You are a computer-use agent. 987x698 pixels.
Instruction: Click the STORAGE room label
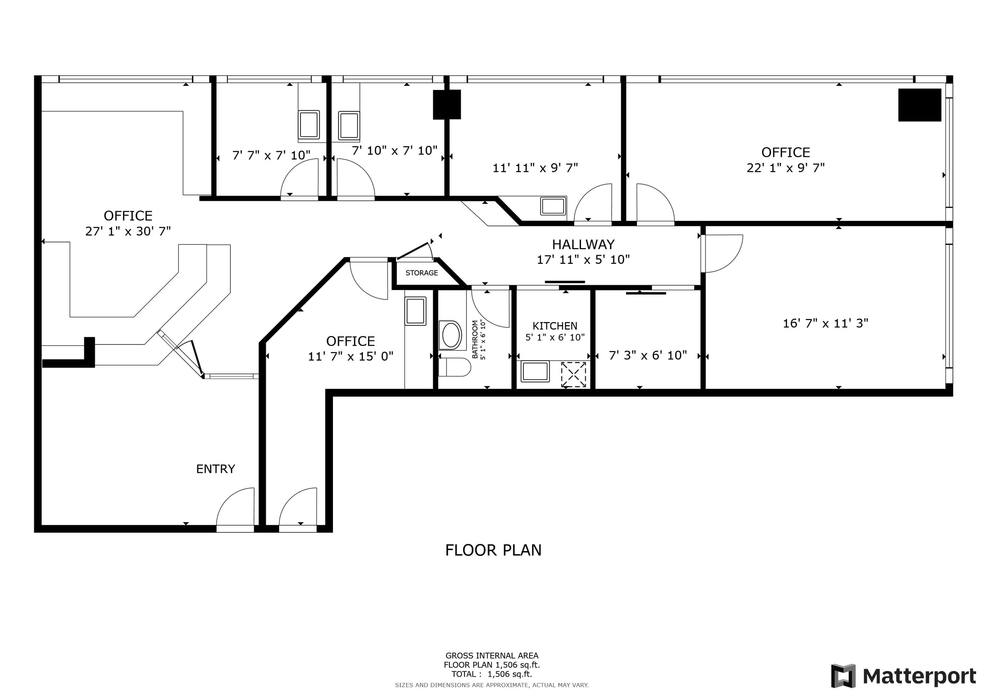coord(421,273)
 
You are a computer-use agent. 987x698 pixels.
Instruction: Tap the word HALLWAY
coord(583,245)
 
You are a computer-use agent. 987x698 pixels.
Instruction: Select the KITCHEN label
coord(555,326)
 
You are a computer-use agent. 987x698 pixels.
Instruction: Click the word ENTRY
coord(215,469)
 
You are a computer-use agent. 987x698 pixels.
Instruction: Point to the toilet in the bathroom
coord(454,367)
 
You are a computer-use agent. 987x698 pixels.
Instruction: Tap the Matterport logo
coord(904,676)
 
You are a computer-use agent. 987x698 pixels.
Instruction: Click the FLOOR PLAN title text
coord(493,550)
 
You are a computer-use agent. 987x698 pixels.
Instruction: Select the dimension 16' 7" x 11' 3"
coord(825,323)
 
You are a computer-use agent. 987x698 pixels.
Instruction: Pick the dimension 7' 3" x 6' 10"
coord(647,355)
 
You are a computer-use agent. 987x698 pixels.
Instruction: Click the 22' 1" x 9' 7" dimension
coord(785,168)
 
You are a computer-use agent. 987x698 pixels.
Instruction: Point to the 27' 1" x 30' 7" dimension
coord(128,231)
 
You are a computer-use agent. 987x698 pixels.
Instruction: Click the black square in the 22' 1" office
coord(920,105)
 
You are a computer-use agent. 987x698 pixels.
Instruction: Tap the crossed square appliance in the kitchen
coord(573,374)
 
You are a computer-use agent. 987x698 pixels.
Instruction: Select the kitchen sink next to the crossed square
coord(535,371)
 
